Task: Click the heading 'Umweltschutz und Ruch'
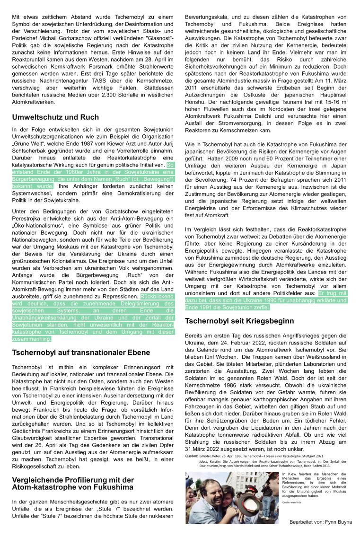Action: pos(55,117)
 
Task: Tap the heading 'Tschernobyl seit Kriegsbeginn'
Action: pos(239,321)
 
